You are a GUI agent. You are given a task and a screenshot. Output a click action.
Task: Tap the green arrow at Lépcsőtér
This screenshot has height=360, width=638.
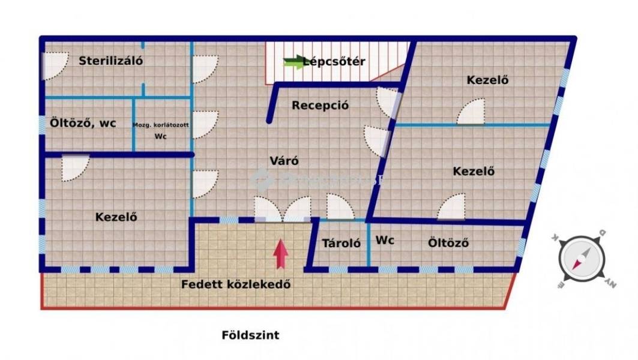tap(294, 62)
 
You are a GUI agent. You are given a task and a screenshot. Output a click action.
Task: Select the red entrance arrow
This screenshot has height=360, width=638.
tap(280, 254)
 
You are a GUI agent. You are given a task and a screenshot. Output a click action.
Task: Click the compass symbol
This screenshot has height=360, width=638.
tap(580, 259)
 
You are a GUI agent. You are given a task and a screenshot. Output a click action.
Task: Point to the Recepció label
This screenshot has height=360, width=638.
tap(320, 106)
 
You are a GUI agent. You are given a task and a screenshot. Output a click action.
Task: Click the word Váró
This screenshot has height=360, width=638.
tap(284, 161)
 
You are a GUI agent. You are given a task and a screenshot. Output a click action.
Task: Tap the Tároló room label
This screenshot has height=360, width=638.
tap(341, 244)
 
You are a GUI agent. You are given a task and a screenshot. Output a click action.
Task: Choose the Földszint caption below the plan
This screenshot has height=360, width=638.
tap(250, 335)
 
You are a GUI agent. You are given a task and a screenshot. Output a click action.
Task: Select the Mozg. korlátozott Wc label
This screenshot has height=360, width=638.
tap(160, 130)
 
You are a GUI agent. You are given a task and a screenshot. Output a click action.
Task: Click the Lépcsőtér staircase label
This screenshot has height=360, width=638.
tap(334, 61)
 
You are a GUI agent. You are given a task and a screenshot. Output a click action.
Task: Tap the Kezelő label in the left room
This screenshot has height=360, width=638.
tap(116, 217)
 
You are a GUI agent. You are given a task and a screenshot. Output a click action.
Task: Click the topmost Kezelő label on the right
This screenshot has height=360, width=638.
tap(487, 80)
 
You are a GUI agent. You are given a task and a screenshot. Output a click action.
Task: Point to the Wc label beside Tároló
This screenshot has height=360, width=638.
tap(385, 241)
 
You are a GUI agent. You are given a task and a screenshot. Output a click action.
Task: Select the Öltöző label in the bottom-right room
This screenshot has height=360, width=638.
tap(448, 244)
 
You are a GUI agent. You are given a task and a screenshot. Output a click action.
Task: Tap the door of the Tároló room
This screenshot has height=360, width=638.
tap(339, 207)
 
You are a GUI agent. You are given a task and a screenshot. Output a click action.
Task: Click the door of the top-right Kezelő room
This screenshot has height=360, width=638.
tap(471, 112)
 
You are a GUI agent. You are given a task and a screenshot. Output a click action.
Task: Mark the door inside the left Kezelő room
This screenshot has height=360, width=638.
tap(75, 167)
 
